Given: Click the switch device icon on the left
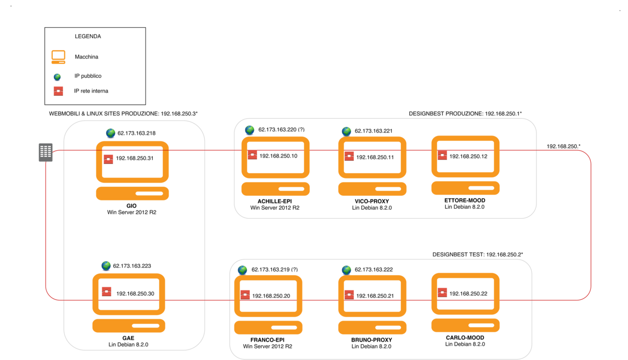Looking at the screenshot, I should tap(46, 152).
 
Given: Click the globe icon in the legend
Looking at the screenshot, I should tap(58, 77).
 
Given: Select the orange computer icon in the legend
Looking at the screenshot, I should tap(58, 56).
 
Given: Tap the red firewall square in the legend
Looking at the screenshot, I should tap(58, 91).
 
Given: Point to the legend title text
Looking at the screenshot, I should tap(88, 37).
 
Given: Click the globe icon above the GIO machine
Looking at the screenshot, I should tap(110, 133).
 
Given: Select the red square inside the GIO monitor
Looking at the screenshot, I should tap(108, 159).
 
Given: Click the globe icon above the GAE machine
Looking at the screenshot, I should tap(107, 266).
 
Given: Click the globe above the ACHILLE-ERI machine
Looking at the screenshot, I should tap(250, 130).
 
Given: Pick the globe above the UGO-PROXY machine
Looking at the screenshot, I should tap(346, 131).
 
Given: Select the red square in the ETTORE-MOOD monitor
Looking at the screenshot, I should tap(442, 155).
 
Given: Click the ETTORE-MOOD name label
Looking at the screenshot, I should tap(465, 200).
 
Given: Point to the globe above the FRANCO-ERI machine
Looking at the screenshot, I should tap(242, 270).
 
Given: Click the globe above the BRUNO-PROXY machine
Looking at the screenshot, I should tap(346, 270).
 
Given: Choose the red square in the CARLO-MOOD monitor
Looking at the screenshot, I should tap(442, 294).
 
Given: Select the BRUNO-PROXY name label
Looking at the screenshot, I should tap(371, 340).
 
